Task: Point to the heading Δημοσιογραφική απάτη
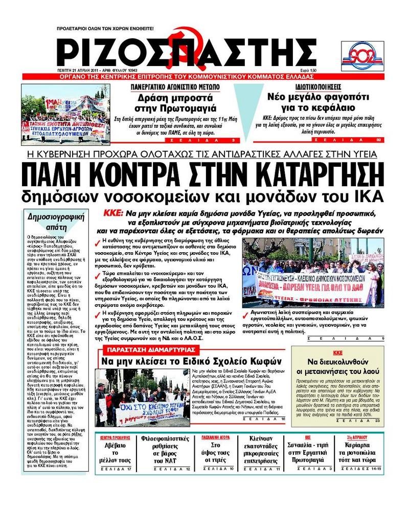click(52, 221)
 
